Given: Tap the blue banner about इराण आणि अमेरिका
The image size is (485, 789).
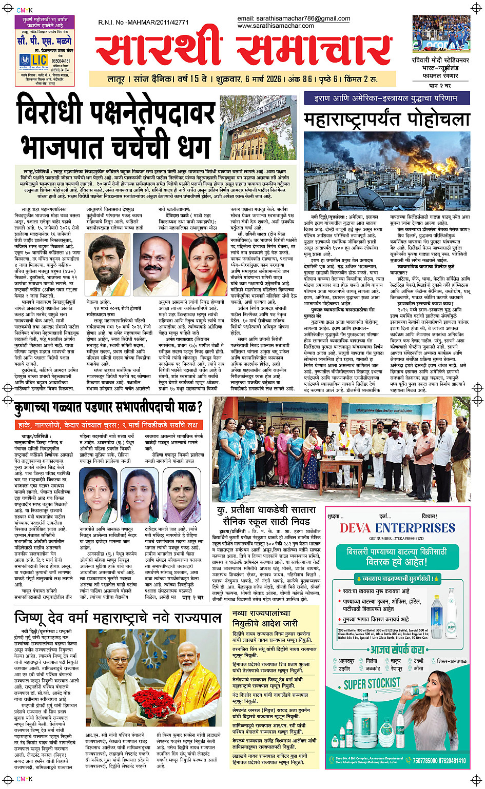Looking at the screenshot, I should (386, 98).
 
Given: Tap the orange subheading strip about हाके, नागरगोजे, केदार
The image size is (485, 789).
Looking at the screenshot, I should (109, 425).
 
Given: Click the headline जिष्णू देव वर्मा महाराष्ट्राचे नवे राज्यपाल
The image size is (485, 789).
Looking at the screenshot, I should (118, 617).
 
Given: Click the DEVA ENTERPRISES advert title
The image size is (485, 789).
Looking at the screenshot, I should (397, 528).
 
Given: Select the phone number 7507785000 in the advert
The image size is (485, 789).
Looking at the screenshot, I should (425, 761).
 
